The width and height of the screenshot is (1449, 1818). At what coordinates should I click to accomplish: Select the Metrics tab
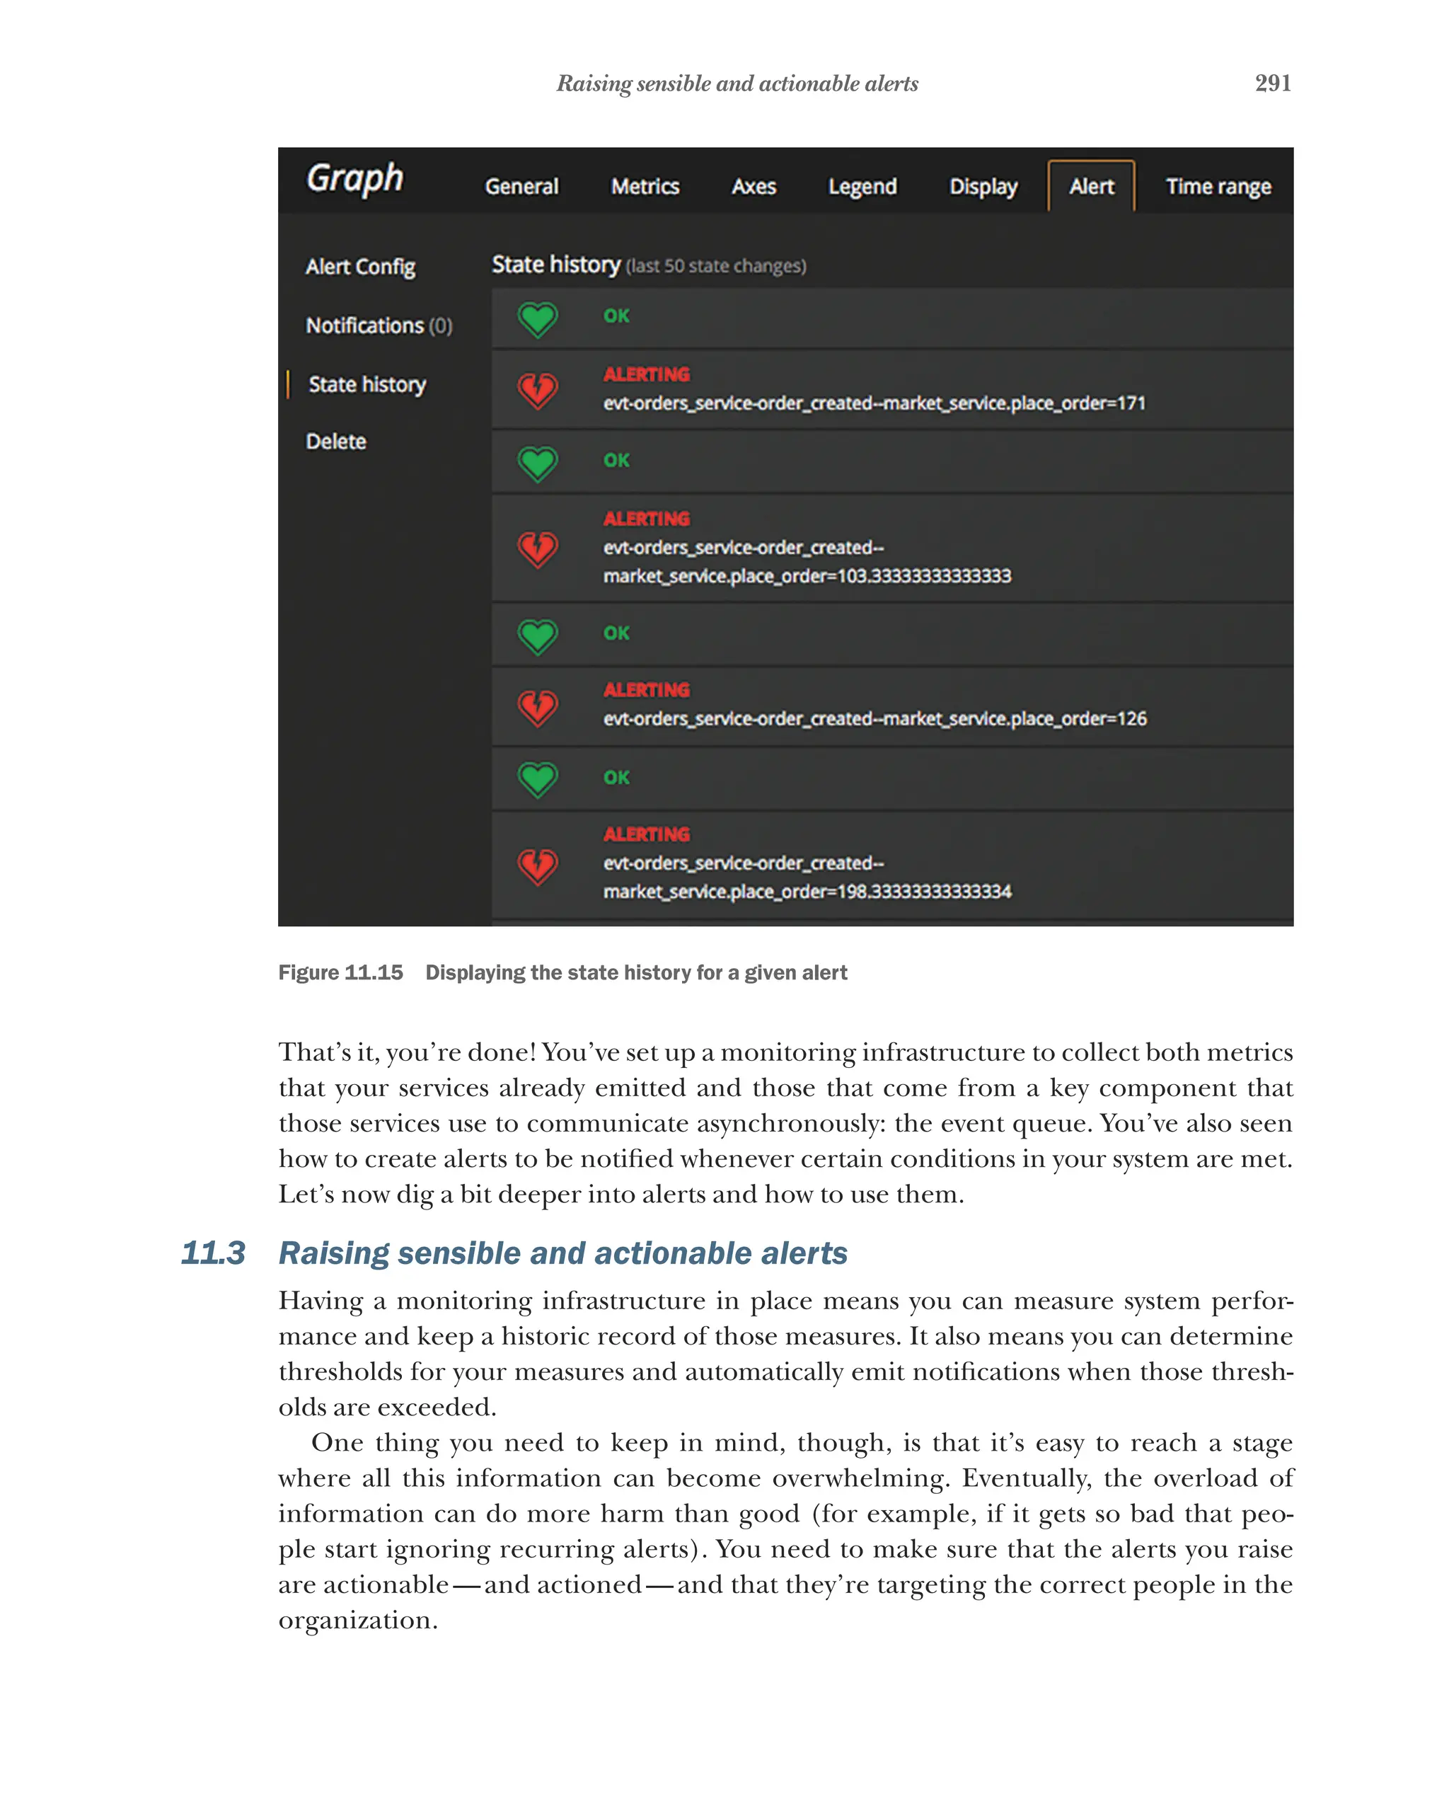(644, 186)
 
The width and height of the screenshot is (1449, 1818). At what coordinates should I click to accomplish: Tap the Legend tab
(862, 186)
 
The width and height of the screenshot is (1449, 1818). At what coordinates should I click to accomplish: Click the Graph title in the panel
(354, 179)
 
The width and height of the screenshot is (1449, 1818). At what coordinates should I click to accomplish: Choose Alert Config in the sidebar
(360, 267)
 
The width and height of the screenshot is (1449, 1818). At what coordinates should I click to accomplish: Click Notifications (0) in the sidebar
(379, 326)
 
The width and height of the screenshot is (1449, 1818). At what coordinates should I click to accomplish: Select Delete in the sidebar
(335, 441)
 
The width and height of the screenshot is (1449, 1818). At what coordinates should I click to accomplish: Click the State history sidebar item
(366, 384)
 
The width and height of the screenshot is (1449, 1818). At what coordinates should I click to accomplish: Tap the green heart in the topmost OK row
(537, 318)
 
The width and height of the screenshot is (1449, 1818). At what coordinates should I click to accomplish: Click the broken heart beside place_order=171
(537, 389)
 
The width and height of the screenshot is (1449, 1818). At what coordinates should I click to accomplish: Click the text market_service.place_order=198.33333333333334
(807, 891)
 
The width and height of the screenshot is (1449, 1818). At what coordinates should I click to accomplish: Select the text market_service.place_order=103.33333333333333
(807, 576)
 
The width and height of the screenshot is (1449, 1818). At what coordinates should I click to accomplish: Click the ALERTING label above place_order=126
(646, 690)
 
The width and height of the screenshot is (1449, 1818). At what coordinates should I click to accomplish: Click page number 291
(1272, 84)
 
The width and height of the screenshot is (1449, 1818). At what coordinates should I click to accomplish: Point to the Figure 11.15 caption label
(340, 972)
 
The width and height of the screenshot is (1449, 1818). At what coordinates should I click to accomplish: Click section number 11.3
(212, 1253)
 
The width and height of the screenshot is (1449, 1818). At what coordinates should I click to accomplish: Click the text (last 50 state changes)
(715, 267)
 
